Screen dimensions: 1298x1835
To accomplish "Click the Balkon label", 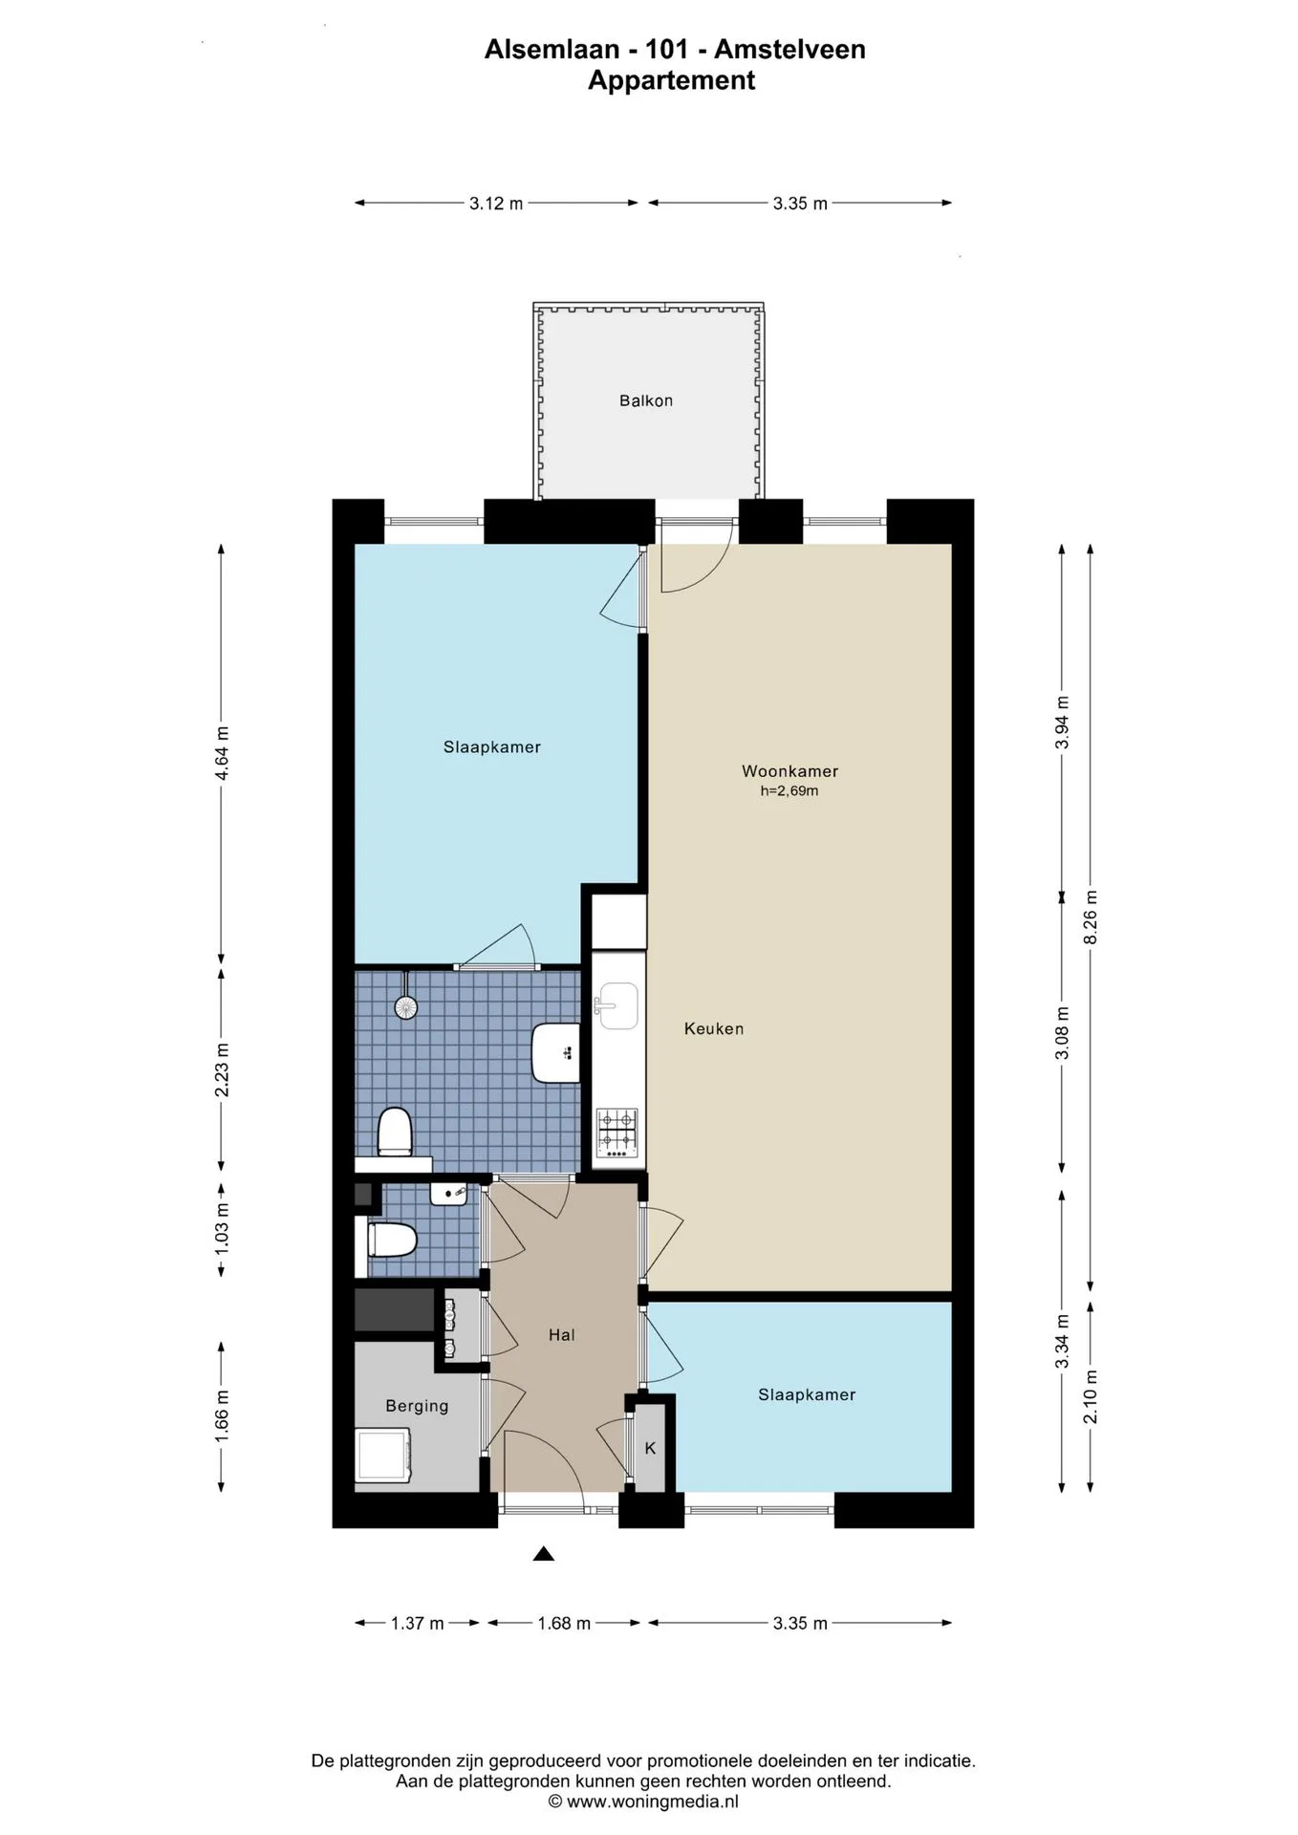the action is coord(646,400).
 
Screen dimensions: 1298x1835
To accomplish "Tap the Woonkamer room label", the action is coord(790,770).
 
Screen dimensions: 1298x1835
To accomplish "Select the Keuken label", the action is coord(714,1028).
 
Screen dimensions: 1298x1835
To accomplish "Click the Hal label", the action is coord(562,1334).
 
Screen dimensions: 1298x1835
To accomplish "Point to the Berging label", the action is coord(417,1406).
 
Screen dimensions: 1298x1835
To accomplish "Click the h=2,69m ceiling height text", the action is coord(790,791).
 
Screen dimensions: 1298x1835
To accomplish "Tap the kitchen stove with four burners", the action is coord(617,1133).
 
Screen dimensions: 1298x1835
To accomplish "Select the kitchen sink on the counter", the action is coord(617,1005).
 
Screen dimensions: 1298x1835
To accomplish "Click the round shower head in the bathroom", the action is coord(406,1006).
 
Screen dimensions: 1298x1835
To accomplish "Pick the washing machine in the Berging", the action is coord(383,1456).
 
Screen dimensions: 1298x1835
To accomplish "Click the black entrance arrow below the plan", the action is coord(544,1553).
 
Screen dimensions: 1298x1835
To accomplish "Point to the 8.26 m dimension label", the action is coord(1091,917).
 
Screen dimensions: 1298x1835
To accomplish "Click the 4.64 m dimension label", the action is coord(222,753).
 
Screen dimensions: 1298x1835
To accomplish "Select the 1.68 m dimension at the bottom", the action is coord(564,1623).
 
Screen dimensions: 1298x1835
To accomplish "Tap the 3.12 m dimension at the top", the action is coord(496,203).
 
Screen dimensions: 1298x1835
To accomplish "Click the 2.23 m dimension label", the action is coord(222,1069).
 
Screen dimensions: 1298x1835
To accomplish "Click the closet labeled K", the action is coord(650,1448).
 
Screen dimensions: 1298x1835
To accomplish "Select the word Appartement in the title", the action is coord(671,80).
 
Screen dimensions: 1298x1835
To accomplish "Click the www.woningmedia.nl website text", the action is coord(653,1802).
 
